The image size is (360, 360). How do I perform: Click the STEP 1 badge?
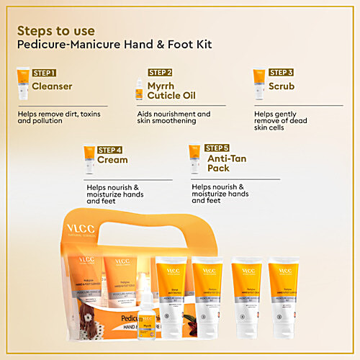click(x=43, y=73)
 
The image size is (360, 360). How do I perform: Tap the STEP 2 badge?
click(x=160, y=73)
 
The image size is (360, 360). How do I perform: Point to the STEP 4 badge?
click(x=109, y=149)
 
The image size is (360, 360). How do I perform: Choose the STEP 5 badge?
click(x=217, y=148)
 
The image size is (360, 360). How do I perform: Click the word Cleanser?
click(x=52, y=86)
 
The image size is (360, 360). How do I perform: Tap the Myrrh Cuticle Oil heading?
click(x=171, y=91)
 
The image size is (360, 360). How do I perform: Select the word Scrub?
click(x=283, y=86)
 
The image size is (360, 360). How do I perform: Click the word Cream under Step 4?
click(x=112, y=160)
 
